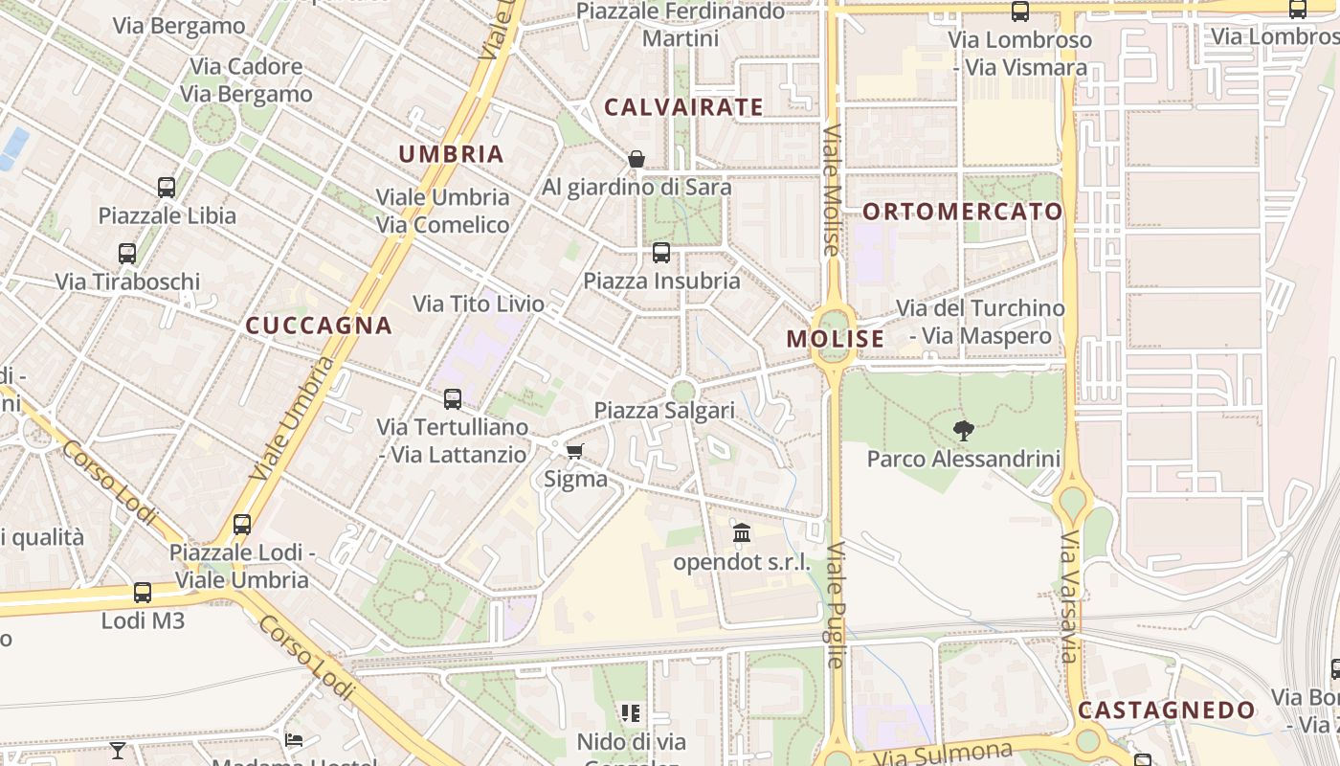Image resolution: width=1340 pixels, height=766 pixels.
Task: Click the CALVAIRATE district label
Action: pos(683,107)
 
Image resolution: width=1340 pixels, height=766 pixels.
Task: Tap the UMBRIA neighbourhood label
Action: pos(451,154)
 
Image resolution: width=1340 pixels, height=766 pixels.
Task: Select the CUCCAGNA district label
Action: pos(319,326)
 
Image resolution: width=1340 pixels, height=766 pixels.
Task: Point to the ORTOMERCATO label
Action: pos(963,212)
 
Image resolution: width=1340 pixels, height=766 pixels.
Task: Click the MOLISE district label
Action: pos(836,339)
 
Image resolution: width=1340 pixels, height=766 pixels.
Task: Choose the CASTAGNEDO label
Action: pos(1166,710)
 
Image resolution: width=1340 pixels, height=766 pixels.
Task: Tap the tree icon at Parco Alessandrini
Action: pos(964,431)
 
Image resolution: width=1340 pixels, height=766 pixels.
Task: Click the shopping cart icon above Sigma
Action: pos(574,451)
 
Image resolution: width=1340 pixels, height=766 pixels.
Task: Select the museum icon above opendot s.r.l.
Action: pos(742,533)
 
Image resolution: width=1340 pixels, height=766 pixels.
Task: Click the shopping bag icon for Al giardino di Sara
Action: pos(636,159)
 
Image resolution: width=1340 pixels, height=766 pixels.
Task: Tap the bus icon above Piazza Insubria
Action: pos(661,253)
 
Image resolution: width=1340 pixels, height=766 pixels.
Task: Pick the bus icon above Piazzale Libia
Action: pos(167,188)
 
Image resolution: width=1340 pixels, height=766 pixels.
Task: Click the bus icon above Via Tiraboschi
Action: pos(127,254)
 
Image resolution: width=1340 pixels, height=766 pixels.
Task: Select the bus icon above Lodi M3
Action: pos(143,593)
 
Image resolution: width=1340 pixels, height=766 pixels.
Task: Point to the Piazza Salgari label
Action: pos(664,411)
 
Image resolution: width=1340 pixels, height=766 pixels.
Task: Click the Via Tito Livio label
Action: pos(479,304)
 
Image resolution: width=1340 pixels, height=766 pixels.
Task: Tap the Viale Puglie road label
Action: pos(836,604)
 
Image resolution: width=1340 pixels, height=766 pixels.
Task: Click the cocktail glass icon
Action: pos(118,750)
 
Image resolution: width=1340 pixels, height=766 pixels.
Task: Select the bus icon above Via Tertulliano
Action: pos(453,399)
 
